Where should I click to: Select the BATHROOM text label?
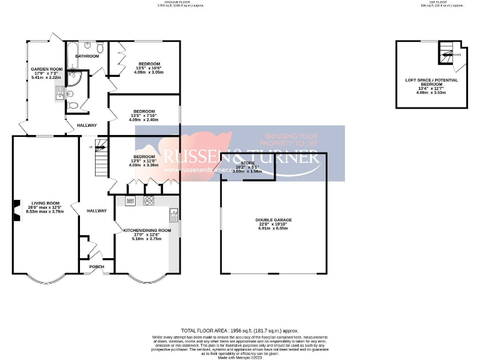click(87, 56)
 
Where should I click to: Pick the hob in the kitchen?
click(149, 201)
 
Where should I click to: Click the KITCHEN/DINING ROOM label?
click(147, 230)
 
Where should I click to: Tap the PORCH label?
click(97, 267)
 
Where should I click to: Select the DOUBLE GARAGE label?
click(273, 220)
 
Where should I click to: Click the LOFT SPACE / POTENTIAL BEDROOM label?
click(431, 82)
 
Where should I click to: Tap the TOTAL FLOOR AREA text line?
click(239, 330)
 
